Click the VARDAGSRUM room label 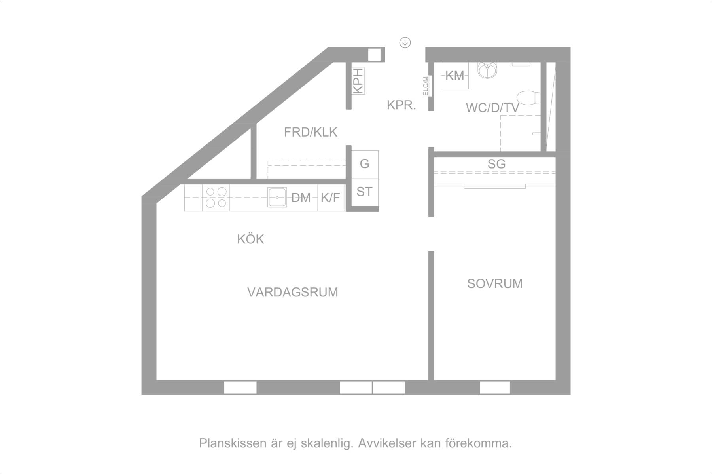point(293,292)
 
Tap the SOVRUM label point(495,283)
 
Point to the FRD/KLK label point(311,132)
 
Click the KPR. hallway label point(401,105)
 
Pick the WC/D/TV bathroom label point(492,107)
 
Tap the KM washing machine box point(455,75)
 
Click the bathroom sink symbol point(489,69)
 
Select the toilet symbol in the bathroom point(528,97)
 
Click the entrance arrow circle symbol point(405,42)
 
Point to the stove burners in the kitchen point(216,198)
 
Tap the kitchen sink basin point(278,197)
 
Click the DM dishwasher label point(301,198)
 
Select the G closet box point(365,164)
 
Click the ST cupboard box point(365,192)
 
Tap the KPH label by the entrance point(358,81)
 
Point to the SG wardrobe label point(496,163)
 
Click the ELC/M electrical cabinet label point(426,85)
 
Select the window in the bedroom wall point(495,388)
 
